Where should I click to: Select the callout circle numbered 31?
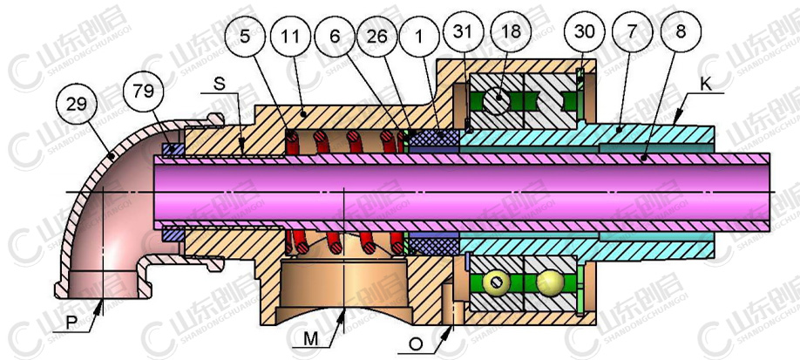coord(464,32)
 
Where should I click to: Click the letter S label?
coord(220,85)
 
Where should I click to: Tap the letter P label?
coord(79,323)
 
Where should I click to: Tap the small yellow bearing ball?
coord(495,283)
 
